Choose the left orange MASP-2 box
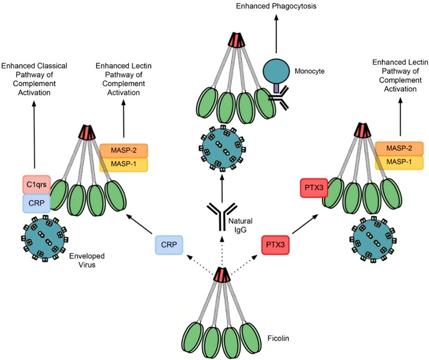(123, 150)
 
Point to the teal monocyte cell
(276, 67)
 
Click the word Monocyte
(309, 71)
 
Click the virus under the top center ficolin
(221, 142)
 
